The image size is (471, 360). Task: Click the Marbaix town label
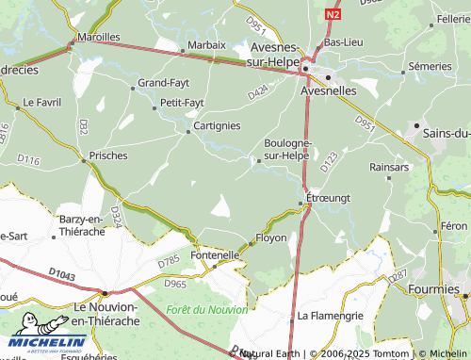pyautogui.click(x=206, y=44)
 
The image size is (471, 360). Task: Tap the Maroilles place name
pyautogui.click(x=98, y=37)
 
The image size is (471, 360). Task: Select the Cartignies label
pyautogui.click(x=217, y=125)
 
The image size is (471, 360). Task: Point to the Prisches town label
pyautogui.click(x=107, y=155)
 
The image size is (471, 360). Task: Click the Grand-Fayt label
pyautogui.click(x=164, y=83)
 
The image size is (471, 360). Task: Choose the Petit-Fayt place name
pyautogui.click(x=182, y=102)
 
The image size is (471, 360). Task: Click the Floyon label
pyautogui.click(x=271, y=238)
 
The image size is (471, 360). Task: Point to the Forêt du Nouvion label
pyautogui.click(x=207, y=309)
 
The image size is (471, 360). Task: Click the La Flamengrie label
pyautogui.click(x=330, y=315)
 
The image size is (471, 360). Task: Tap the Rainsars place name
pyautogui.click(x=390, y=166)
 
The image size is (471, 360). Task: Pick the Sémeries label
pyautogui.click(x=430, y=67)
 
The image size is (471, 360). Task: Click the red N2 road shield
pyautogui.click(x=333, y=16)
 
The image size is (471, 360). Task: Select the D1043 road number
pyautogui.click(x=62, y=273)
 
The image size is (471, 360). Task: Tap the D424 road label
pyautogui.click(x=258, y=91)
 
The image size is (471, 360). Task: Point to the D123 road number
pyautogui.click(x=328, y=160)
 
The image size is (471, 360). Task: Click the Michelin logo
pyautogui.click(x=44, y=345)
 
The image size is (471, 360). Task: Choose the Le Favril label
pyautogui.click(x=41, y=101)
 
